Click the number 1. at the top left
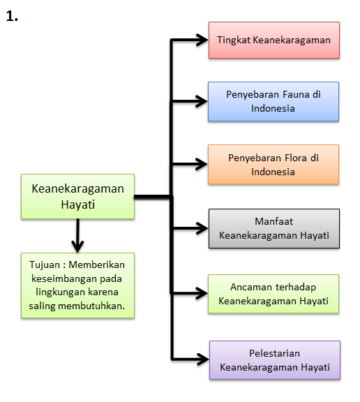[x=12, y=16]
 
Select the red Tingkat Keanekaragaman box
[x=274, y=40]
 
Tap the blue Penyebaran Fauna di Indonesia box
[x=273, y=101]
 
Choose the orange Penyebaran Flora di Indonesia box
[x=273, y=164]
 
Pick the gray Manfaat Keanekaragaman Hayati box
[x=274, y=228]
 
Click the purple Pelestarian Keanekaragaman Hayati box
[x=275, y=360]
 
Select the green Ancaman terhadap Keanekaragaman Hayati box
[x=273, y=294]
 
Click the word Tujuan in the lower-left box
[x=45, y=265]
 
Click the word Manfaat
[x=273, y=221]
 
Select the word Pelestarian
[x=274, y=353]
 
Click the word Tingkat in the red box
[x=234, y=40]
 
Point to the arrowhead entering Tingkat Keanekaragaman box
[x=202, y=40]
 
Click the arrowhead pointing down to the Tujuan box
[x=77, y=246]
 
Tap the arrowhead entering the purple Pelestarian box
[x=203, y=359]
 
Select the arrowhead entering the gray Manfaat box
[x=202, y=228]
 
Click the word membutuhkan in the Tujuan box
[x=91, y=306]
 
